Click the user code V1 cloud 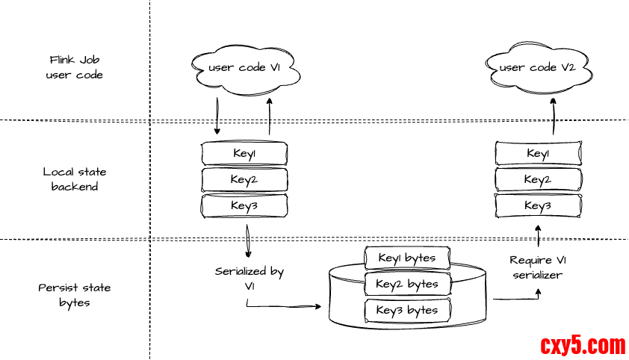point(245,69)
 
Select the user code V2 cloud point(538,69)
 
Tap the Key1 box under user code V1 point(244,154)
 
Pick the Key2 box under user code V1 point(244,180)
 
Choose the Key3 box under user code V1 point(244,206)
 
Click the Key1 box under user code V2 point(538,154)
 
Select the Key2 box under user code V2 point(538,180)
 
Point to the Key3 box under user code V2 point(538,206)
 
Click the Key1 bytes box point(407,258)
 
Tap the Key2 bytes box point(407,284)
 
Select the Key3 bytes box point(407,310)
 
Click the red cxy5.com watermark point(583,346)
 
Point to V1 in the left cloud point(274,68)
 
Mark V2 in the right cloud point(568,68)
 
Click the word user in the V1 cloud point(221,68)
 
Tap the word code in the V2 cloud point(543,68)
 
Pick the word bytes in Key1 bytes point(421,258)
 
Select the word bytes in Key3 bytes point(423,310)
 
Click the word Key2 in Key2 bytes point(389,284)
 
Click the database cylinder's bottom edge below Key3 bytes point(407,326)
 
